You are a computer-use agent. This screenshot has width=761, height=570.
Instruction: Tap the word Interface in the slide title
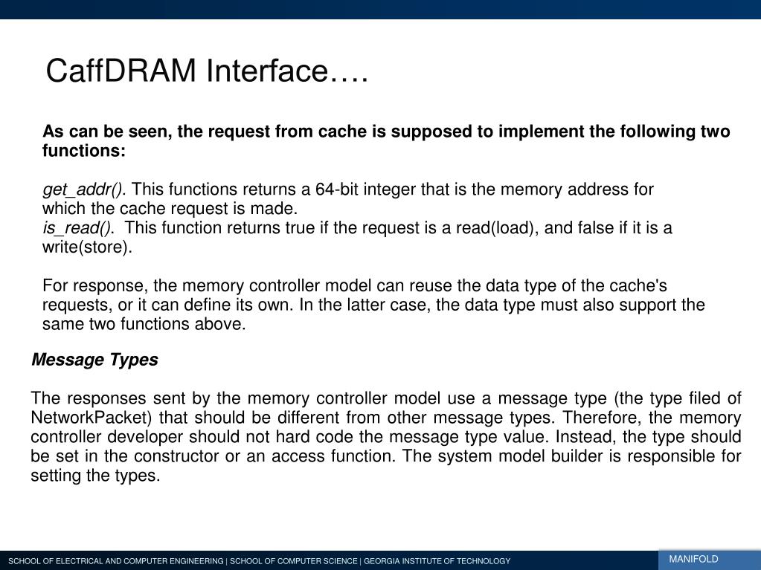click(267, 72)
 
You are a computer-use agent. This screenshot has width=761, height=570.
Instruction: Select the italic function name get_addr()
click(84, 190)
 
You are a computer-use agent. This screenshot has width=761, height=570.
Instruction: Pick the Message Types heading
click(94, 360)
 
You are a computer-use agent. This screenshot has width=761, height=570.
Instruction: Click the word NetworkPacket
click(91, 418)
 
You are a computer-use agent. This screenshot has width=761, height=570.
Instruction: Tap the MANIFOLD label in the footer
click(693, 559)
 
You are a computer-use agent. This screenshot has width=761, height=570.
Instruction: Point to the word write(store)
click(87, 247)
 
